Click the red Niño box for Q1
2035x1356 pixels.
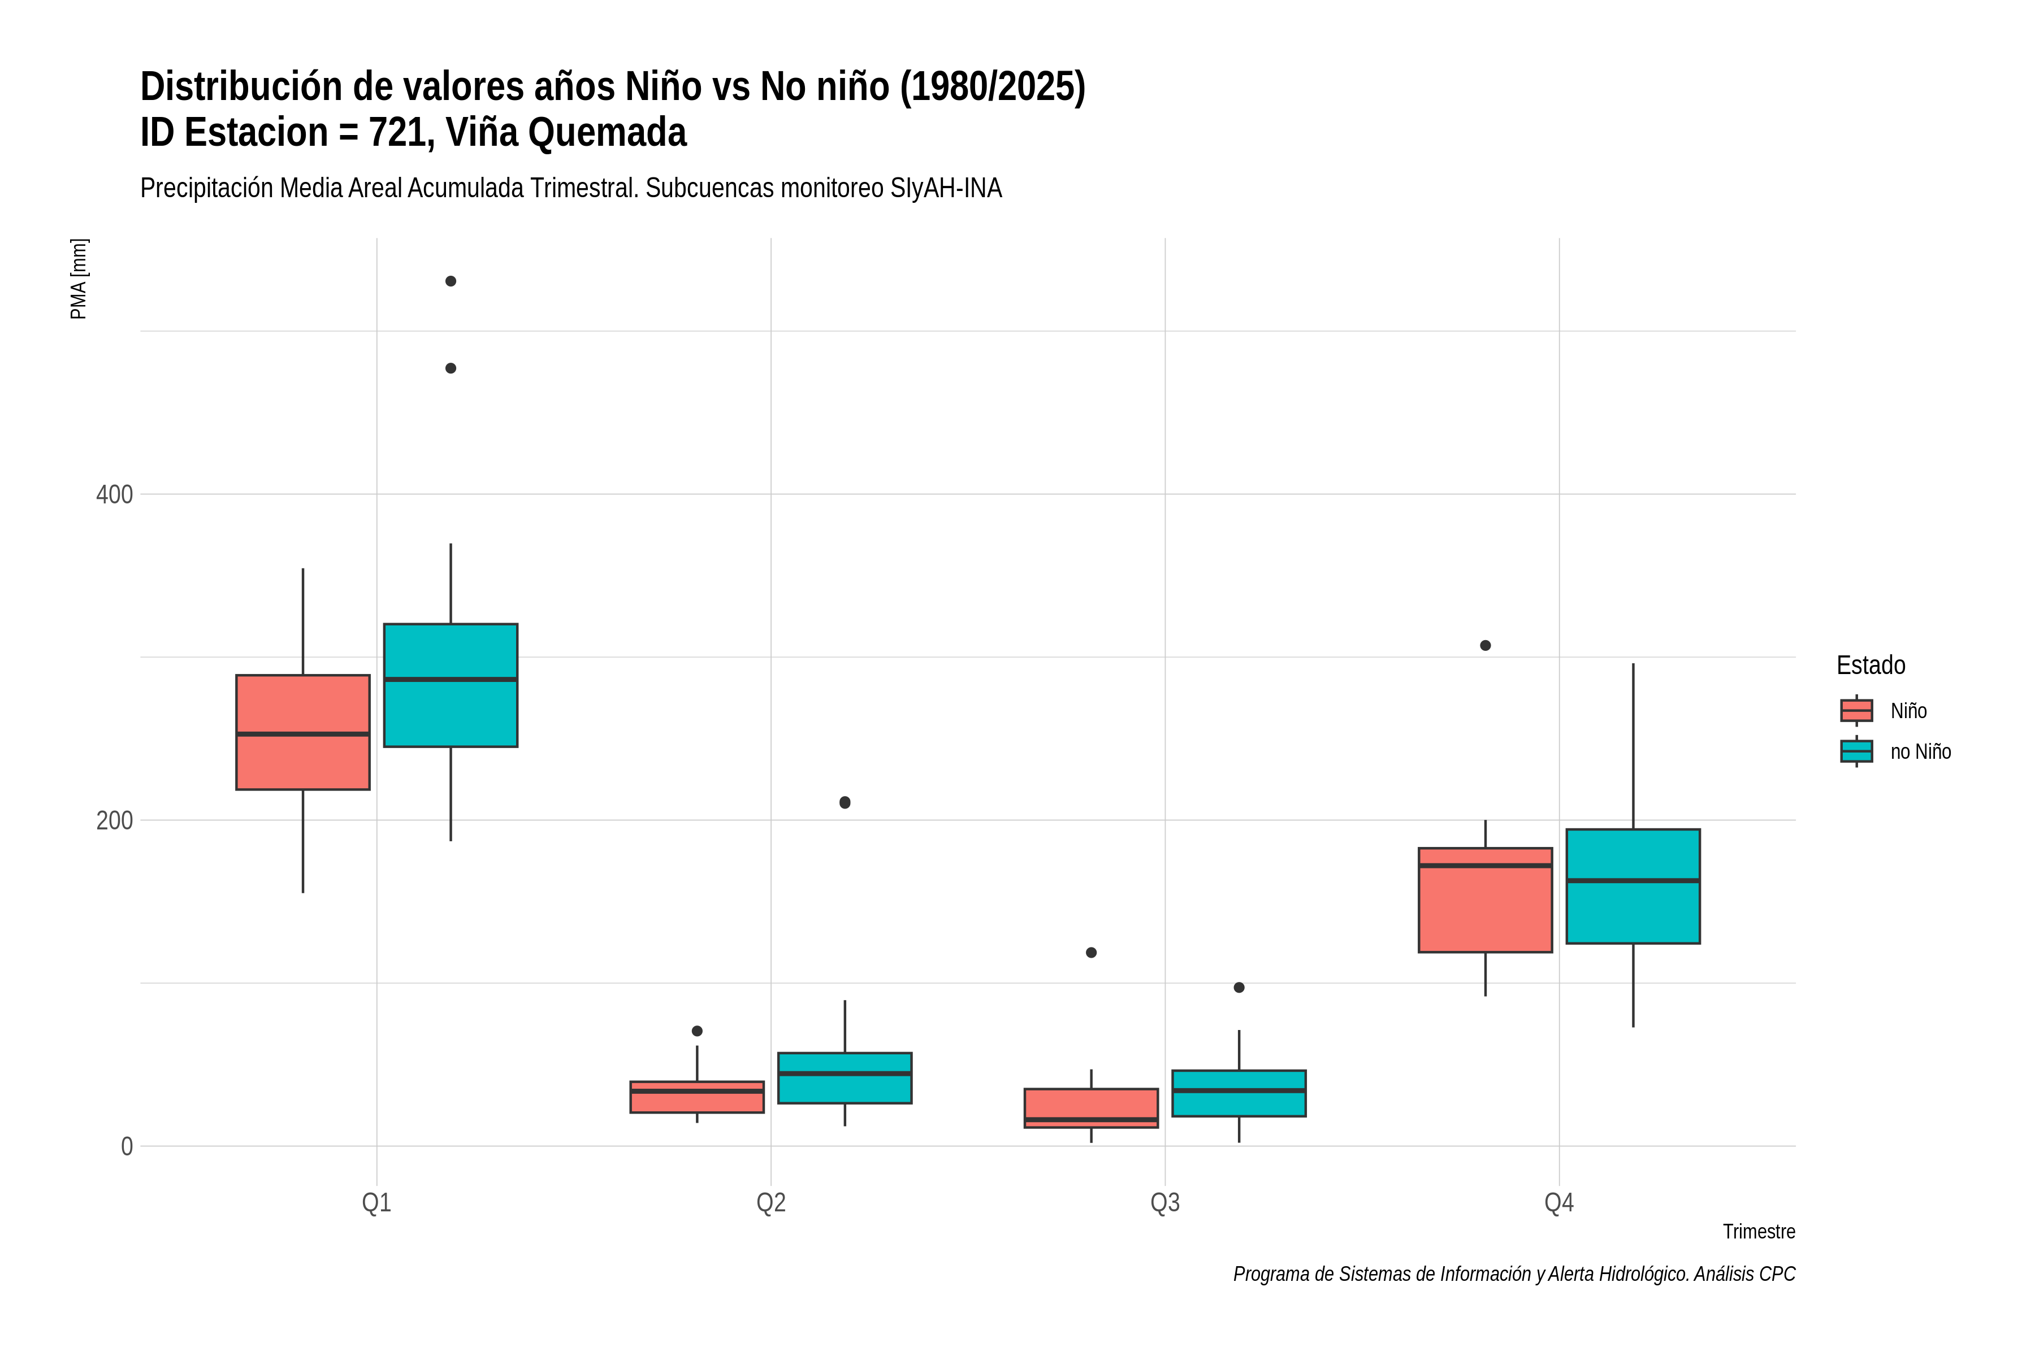click(x=303, y=732)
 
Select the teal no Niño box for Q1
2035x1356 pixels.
click(x=451, y=685)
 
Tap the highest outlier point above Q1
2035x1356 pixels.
click(x=451, y=281)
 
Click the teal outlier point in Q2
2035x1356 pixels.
click(x=845, y=802)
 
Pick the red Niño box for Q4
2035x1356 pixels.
click(x=1486, y=900)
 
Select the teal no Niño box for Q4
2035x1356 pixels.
click(x=1634, y=886)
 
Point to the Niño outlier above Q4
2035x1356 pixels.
click(x=1486, y=645)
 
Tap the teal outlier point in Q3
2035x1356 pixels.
click(x=1239, y=988)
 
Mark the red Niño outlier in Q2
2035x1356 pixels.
click(x=698, y=1031)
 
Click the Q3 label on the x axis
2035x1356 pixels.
click(x=1166, y=1202)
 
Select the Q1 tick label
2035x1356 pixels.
click(x=376, y=1202)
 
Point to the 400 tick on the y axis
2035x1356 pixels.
click(x=114, y=495)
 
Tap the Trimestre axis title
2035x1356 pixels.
click(x=1759, y=1232)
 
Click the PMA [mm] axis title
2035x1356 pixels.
click(x=79, y=279)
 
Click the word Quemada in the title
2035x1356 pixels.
click(x=607, y=132)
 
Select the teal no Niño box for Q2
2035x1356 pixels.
click(x=845, y=1077)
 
